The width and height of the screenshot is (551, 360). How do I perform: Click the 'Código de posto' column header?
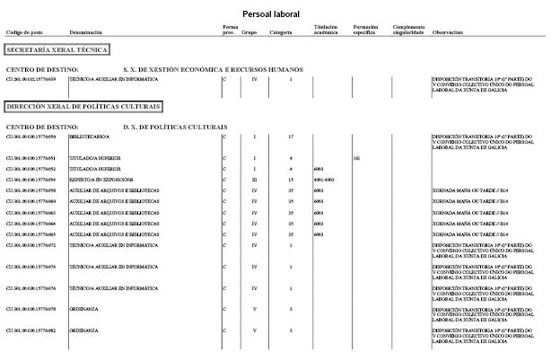click(24, 33)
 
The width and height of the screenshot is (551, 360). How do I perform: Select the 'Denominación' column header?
click(86, 33)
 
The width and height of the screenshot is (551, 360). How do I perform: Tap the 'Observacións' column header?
click(447, 33)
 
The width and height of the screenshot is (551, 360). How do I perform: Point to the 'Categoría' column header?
click(281, 33)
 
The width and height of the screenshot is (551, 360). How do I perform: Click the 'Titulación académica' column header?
click(325, 31)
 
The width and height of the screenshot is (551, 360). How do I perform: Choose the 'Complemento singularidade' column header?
click(408, 31)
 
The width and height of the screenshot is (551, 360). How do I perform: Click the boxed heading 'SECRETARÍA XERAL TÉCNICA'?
click(57, 50)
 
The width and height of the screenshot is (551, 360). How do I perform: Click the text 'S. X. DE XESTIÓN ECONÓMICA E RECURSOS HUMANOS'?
click(213, 69)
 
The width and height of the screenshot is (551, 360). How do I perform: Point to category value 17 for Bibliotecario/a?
click(291, 136)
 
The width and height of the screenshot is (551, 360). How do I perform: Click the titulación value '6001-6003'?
click(323, 180)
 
